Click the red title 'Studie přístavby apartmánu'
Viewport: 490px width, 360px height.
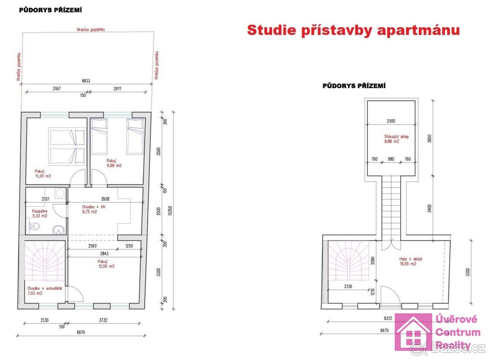pyautogui.click(x=353, y=30)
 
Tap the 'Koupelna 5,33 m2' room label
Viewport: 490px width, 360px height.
pyautogui.click(x=40, y=213)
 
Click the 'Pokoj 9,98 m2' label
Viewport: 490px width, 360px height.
pyautogui.click(x=114, y=163)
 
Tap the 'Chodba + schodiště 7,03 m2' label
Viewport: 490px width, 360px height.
pyautogui.click(x=45, y=291)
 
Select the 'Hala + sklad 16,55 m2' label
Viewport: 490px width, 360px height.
pyautogui.click(x=410, y=261)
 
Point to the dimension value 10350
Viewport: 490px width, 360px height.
pyautogui.click(x=170, y=210)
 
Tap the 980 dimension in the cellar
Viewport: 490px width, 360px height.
pyautogui.click(x=391, y=159)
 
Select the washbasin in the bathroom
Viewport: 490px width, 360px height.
pyautogui.click(x=60, y=230)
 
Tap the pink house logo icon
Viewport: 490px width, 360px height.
pyautogui.click(x=413, y=333)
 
